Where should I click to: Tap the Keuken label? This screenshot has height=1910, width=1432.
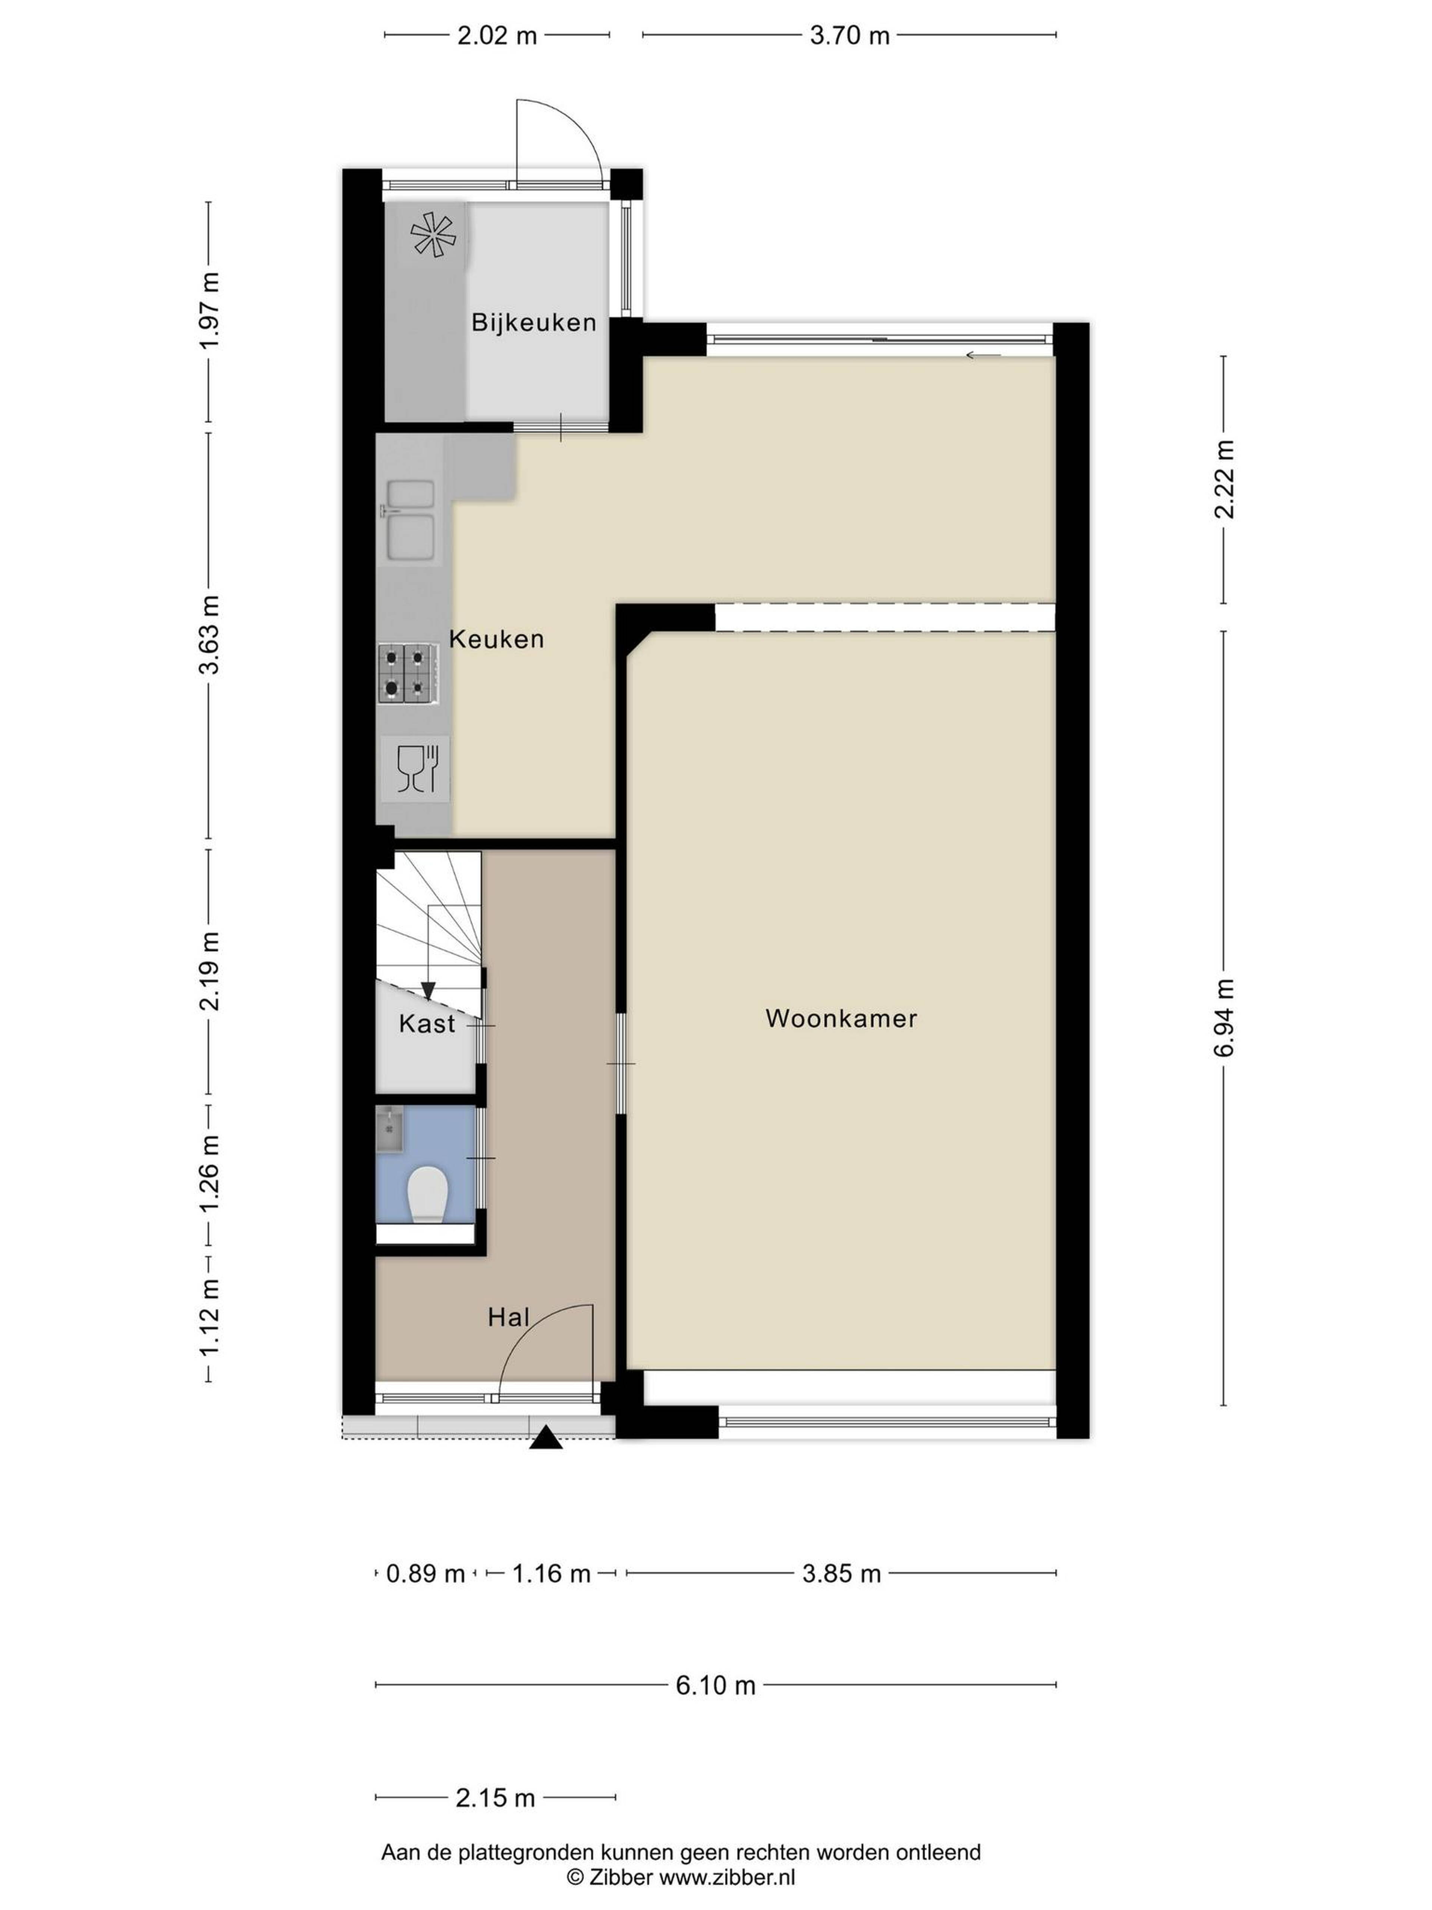(496, 639)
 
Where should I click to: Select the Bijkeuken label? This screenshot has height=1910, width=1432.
(533, 323)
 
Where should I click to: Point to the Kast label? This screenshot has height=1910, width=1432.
(426, 1024)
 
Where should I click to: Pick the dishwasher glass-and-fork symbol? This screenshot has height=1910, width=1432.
(417, 768)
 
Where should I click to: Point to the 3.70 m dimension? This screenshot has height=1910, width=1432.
(850, 35)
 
